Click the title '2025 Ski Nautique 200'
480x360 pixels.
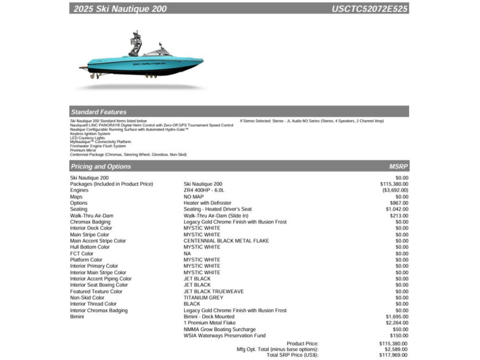click(120, 9)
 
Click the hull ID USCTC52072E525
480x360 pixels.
click(369, 9)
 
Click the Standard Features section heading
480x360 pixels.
click(99, 112)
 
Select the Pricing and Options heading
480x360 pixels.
click(101, 166)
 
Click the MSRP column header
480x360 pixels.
click(398, 166)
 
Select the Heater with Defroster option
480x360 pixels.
click(207, 203)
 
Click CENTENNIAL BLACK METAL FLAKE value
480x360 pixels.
click(226, 241)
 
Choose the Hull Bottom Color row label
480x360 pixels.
click(90, 247)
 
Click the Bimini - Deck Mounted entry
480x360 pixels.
click(209, 316)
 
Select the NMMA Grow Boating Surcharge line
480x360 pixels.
click(220, 330)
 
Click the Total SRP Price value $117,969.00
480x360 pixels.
click(393, 355)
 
